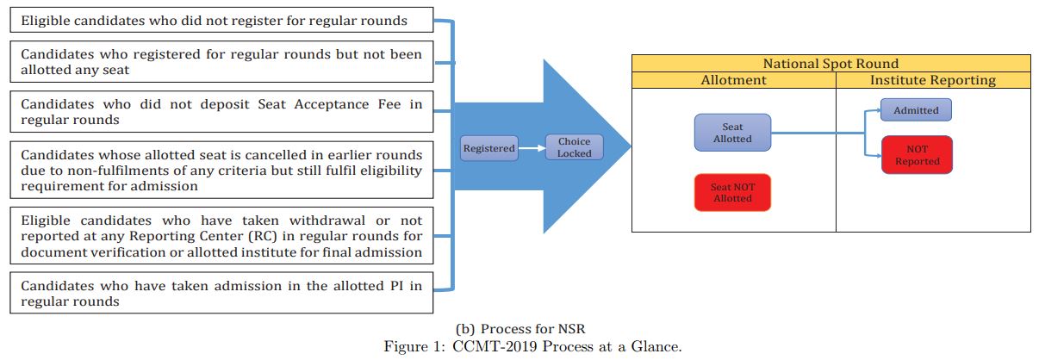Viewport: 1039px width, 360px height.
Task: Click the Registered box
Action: [x=488, y=148]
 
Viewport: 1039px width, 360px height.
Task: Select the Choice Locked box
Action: [x=575, y=147]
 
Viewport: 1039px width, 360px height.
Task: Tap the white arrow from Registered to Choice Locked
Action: [x=531, y=148]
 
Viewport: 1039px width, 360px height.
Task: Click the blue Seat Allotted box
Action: [x=732, y=133]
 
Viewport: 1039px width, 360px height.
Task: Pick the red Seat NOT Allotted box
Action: [x=731, y=192]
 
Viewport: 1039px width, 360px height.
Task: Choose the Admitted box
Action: [x=916, y=110]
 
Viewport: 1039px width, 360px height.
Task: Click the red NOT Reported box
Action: [x=917, y=155]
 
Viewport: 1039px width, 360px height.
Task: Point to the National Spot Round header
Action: [x=831, y=64]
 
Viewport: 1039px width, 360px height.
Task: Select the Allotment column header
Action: [x=733, y=80]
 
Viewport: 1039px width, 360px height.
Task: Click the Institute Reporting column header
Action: [x=933, y=80]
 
